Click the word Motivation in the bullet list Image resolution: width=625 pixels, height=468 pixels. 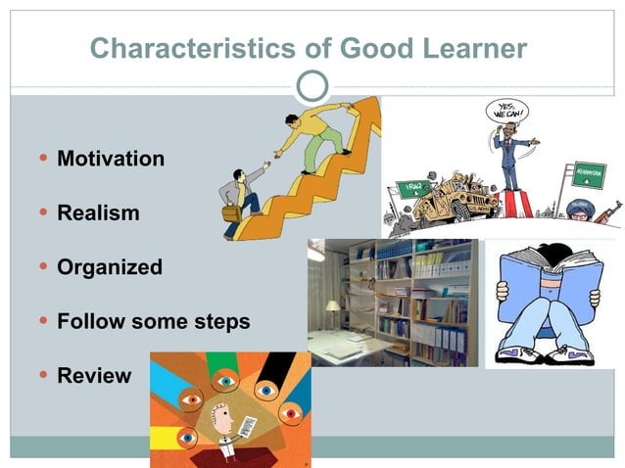(111, 159)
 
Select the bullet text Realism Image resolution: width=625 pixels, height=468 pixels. (98, 212)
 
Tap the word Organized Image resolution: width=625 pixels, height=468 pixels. (110, 267)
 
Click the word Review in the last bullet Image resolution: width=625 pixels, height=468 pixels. (94, 376)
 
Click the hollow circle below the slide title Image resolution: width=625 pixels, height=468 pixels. (312, 86)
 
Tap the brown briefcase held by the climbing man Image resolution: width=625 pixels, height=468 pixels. (231, 211)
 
